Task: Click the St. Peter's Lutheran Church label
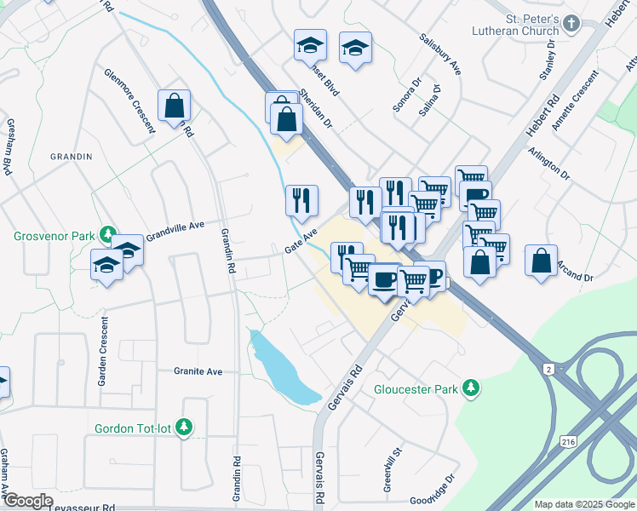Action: click(x=522, y=26)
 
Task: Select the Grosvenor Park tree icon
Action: click(x=108, y=233)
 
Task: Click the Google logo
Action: click(x=28, y=501)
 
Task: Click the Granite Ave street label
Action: click(x=198, y=371)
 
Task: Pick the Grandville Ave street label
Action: click(x=175, y=229)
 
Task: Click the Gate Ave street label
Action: click(x=301, y=241)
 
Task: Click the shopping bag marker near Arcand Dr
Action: click(x=542, y=260)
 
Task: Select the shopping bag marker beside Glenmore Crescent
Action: click(x=174, y=106)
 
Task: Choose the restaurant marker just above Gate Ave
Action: click(x=301, y=200)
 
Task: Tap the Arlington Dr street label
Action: click(x=548, y=162)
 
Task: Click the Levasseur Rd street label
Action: click(x=85, y=507)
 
